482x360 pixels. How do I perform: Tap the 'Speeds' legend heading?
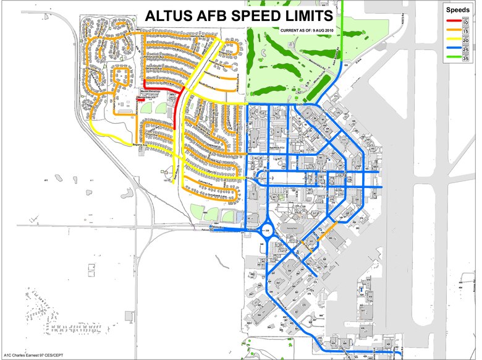pos(458,11)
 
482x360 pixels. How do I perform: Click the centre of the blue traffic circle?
pos(269,231)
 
